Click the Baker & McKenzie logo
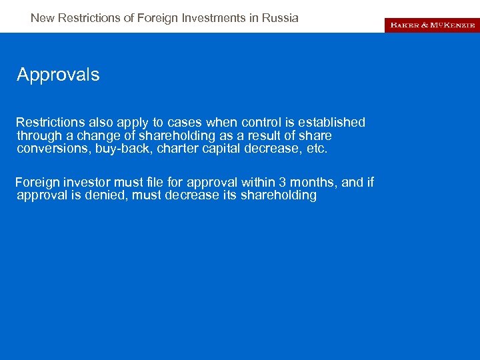pos(431,25)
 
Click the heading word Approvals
pos(58,75)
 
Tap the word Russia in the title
pos(281,18)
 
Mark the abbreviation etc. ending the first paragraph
pos(316,149)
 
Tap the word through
pos(41,136)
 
